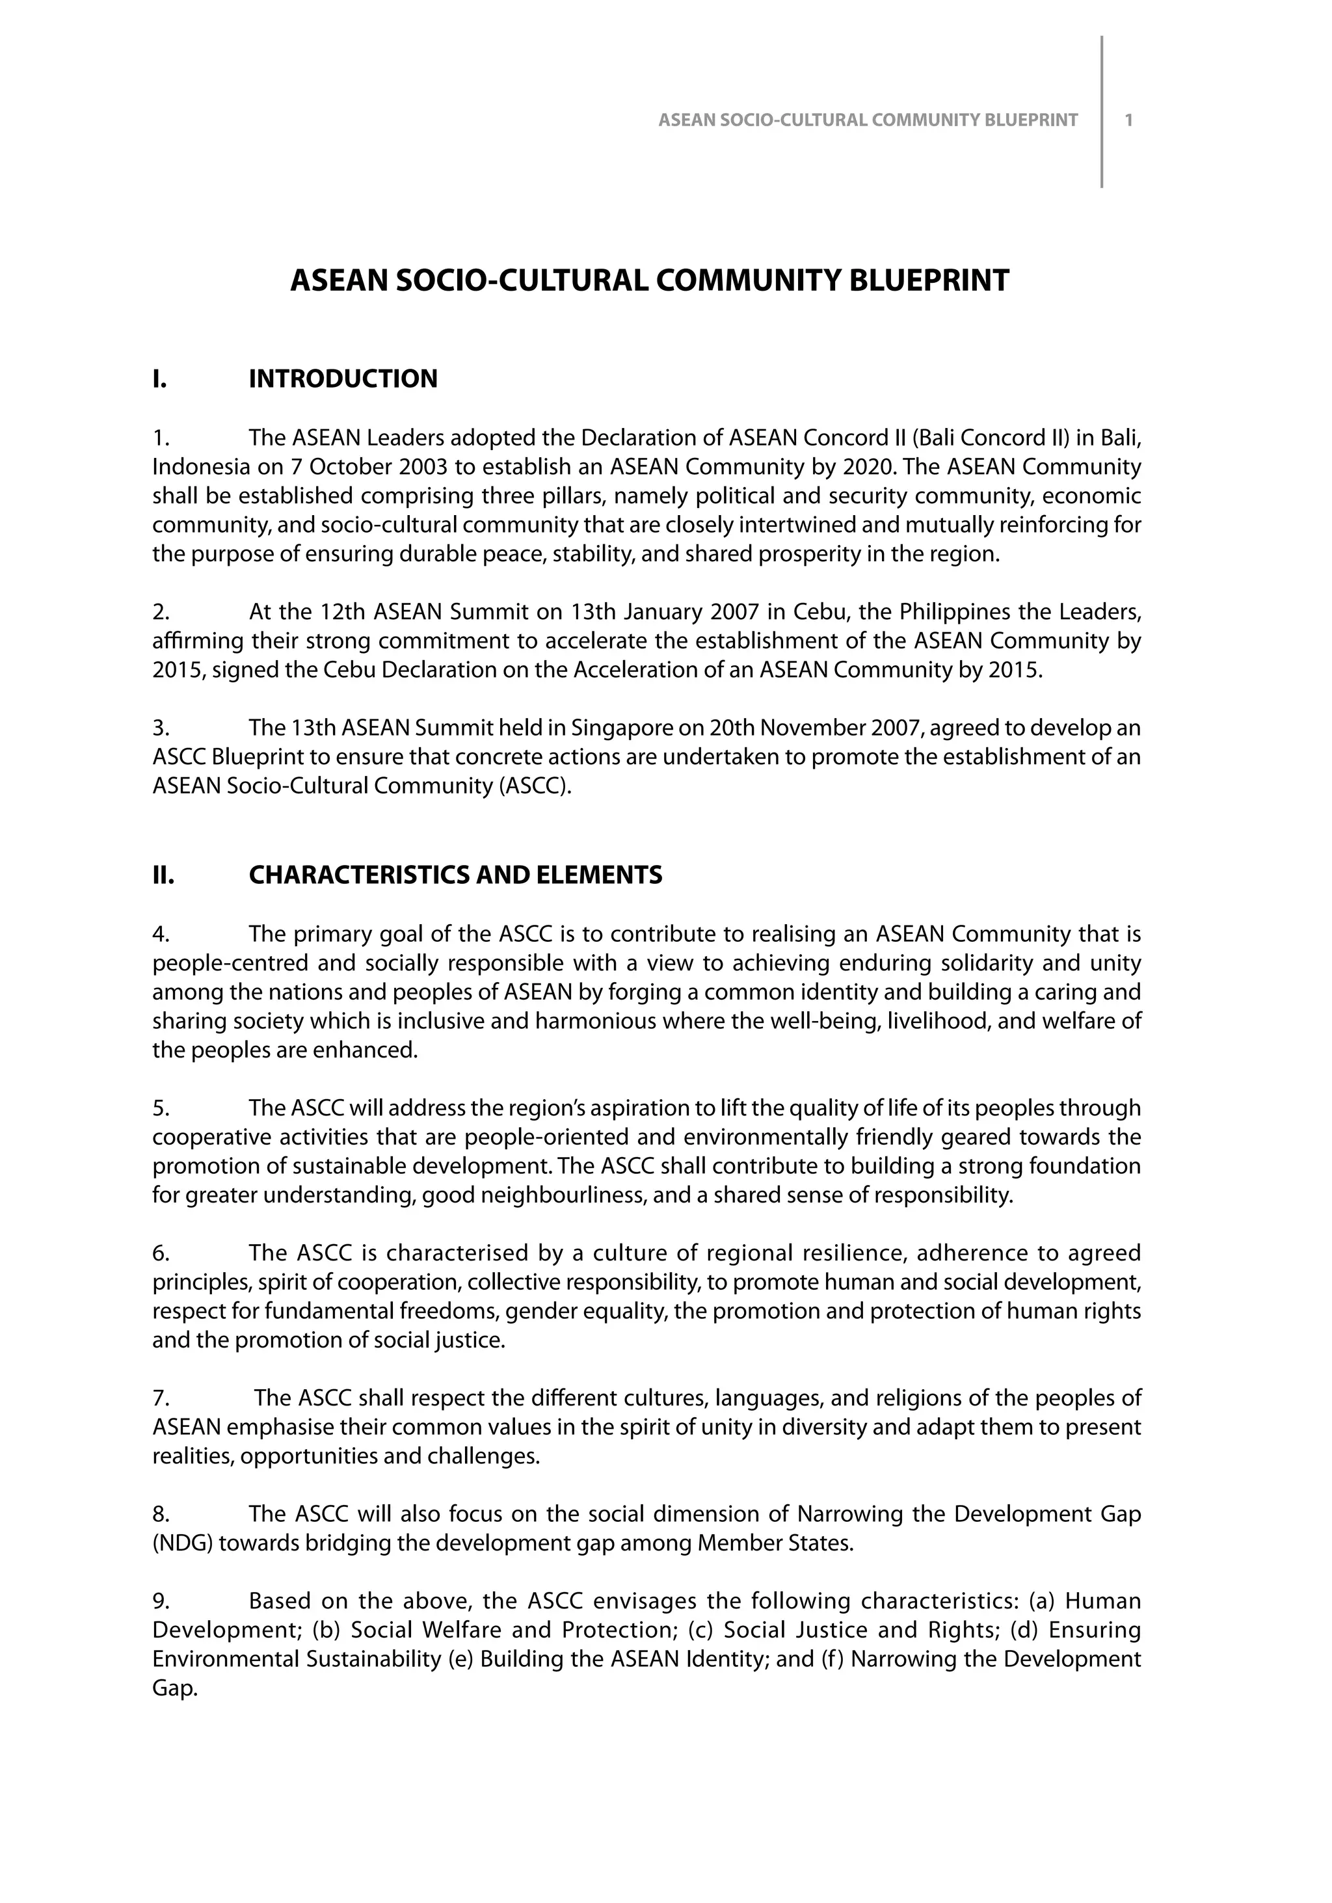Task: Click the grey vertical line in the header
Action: point(1102,112)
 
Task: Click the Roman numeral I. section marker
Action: point(160,379)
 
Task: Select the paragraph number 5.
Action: point(161,1108)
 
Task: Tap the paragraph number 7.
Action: point(161,1398)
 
